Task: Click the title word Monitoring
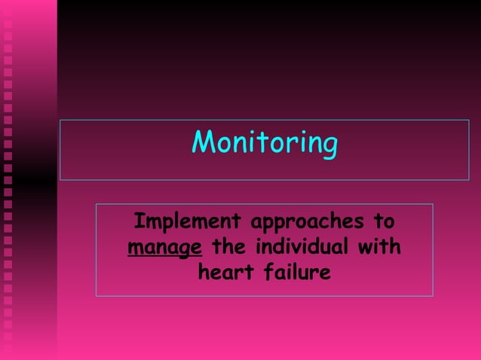264,142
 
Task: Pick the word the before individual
230,246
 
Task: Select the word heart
225,271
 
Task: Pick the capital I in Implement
138,222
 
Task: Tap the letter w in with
364,248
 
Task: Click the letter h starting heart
204,271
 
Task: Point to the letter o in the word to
389,224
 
